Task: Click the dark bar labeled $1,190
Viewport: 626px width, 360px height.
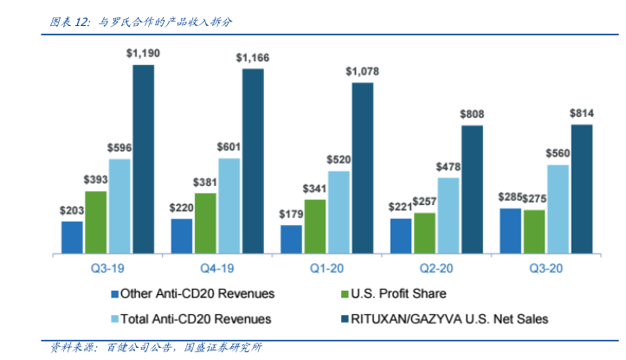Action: coord(143,159)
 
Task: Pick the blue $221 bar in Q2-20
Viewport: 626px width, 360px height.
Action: coord(400,236)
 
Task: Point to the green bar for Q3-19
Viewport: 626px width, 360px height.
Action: coord(96,222)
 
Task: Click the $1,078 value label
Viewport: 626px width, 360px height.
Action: coord(363,70)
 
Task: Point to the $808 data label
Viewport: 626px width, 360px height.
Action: coord(472,113)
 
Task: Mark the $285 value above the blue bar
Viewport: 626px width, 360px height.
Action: coord(511,196)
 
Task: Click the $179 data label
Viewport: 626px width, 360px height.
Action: coord(291,214)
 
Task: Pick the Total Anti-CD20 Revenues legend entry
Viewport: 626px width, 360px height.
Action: coord(190,318)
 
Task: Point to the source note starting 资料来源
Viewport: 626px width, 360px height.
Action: coord(156,348)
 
